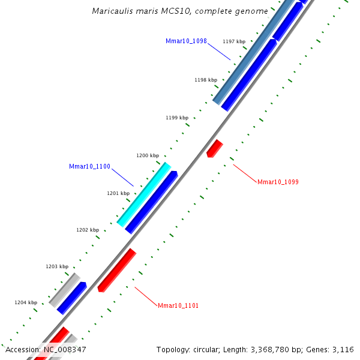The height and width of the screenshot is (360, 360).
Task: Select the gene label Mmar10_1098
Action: click(x=186, y=41)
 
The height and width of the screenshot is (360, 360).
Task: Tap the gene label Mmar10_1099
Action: click(x=278, y=182)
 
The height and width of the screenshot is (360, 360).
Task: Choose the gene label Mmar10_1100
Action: click(x=89, y=167)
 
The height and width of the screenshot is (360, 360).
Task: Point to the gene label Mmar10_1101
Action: click(x=178, y=305)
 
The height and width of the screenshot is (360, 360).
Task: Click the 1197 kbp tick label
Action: click(x=233, y=41)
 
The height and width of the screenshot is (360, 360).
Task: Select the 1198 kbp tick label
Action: click(x=205, y=80)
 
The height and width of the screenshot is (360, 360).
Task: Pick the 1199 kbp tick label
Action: click(x=176, y=118)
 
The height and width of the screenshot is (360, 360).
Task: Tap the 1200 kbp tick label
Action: click(x=147, y=155)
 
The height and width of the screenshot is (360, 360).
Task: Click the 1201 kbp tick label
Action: click(x=118, y=193)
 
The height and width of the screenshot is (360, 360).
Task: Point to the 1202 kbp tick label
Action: click(x=87, y=230)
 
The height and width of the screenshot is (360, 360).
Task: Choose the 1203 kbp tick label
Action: click(x=56, y=266)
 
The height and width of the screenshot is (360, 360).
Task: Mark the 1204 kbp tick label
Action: click(x=26, y=302)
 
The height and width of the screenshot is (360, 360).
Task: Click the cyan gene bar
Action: click(x=144, y=194)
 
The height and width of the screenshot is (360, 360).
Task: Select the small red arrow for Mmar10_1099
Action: click(x=214, y=148)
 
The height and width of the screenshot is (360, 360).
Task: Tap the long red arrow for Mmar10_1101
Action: click(x=117, y=270)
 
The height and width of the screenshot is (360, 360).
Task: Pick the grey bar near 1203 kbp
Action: click(x=64, y=289)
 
